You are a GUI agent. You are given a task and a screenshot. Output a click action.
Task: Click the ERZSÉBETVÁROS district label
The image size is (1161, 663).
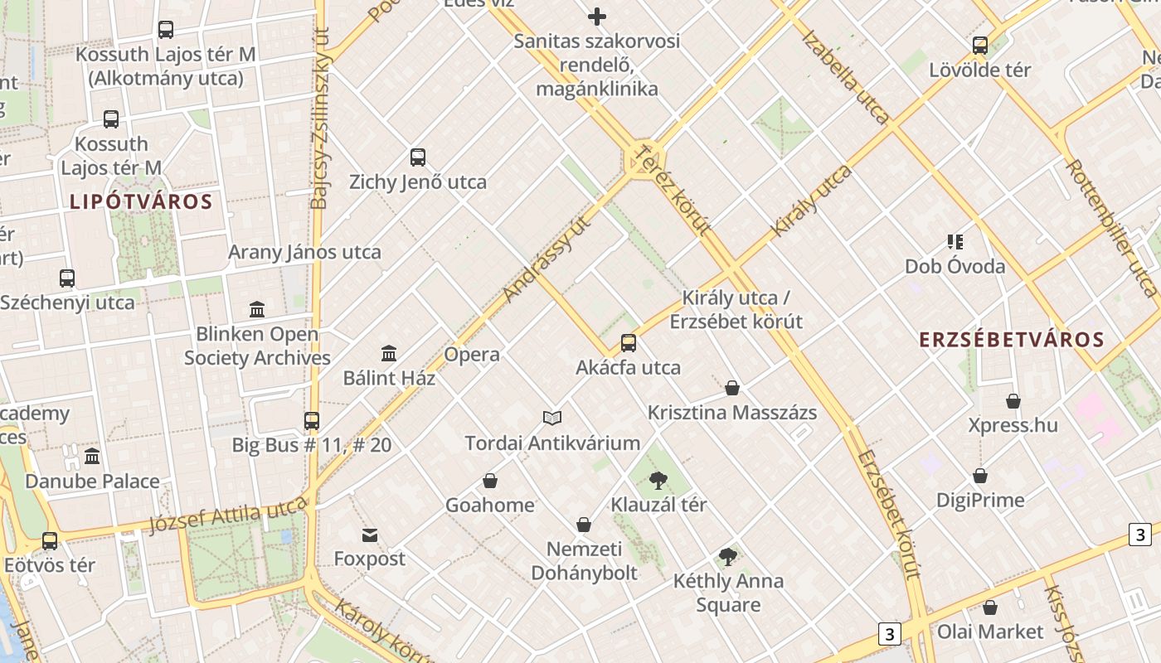[x=1012, y=339]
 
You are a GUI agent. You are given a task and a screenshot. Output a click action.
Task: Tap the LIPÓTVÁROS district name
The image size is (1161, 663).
[x=141, y=201]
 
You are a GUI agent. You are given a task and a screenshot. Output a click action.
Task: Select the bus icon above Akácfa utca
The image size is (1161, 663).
[x=629, y=343]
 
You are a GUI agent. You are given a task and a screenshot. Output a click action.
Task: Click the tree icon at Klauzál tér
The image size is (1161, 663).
[x=659, y=480]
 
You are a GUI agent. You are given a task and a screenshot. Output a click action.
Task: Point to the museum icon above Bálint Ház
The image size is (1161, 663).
[x=389, y=354]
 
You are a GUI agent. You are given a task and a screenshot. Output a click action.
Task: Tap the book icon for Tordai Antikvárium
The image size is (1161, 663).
[x=552, y=418]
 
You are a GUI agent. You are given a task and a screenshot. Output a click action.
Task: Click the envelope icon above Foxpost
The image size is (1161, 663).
[x=370, y=535]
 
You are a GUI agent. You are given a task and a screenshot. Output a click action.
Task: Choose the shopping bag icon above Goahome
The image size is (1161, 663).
[x=490, y=481]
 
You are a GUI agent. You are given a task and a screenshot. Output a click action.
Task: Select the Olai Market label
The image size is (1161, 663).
[x=990, y=632]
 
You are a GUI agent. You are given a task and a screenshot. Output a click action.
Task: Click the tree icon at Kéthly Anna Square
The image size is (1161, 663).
[x=728, y=557]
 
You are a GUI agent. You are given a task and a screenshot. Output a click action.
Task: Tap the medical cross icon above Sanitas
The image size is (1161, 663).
[x=596, y=17]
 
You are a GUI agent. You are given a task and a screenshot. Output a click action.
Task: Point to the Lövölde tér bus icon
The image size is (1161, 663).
[x=980, y=46]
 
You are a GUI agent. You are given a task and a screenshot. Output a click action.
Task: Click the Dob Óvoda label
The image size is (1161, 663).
[x=955, y=266]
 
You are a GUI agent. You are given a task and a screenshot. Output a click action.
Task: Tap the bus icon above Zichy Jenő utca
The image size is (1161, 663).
[x=418, y=157]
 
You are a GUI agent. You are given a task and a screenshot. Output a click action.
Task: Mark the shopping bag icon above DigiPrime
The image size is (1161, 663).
[x=980, y=477]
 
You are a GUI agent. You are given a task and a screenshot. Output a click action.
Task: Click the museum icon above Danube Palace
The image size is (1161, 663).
[x=92, y=457]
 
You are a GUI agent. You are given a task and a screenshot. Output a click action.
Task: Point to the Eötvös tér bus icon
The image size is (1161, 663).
[x=50, y=541]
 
